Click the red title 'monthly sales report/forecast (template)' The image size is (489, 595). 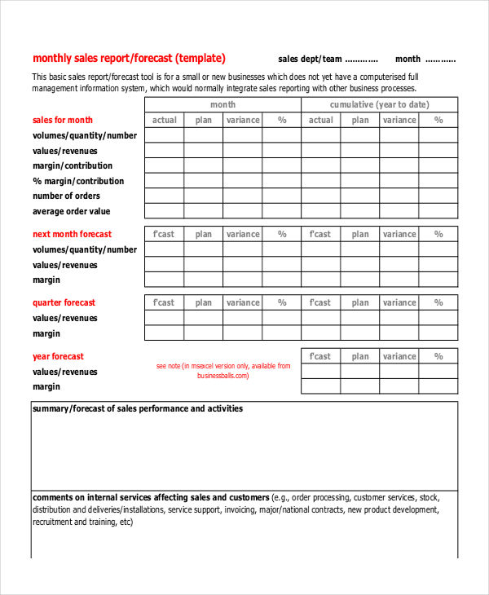point(129,59)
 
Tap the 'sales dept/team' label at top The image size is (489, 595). point(310,59)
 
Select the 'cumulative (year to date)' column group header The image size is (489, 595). point(379,105)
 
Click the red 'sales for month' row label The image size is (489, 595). point(63,120)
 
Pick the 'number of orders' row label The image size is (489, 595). point(66,196)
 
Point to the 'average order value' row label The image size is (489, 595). point(70,211)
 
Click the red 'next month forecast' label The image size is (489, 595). point(72,234)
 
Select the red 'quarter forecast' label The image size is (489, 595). point(64,302)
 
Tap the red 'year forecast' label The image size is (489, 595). point(58,356)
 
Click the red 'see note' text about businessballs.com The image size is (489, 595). point(222,371)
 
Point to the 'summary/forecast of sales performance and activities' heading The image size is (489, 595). point(137,408)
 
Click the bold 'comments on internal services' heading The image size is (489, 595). point(151,497)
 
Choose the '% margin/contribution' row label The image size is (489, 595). point(78,181)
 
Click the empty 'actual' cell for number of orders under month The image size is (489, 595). point(164,196)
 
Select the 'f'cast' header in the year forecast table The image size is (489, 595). point(320,356)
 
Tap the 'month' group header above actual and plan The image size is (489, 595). point(222,105)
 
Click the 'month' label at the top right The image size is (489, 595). point(407,59)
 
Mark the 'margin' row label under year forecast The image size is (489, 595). point(46,386)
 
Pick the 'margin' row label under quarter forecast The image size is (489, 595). point(46,333)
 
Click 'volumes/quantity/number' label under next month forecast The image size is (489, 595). point(85,249)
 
